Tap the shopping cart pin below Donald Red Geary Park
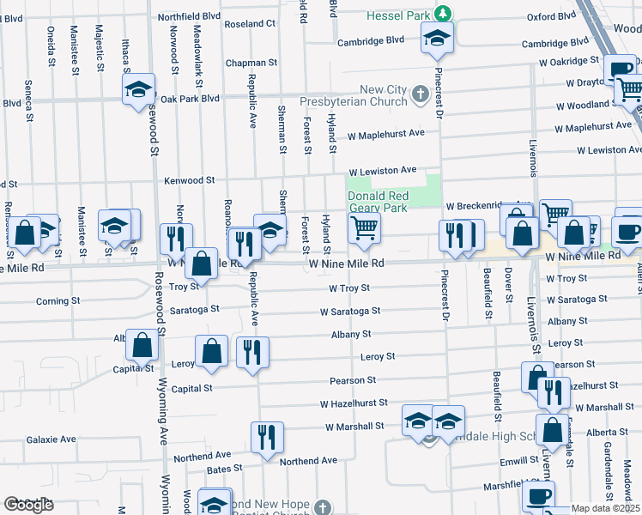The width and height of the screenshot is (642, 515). point(364,228)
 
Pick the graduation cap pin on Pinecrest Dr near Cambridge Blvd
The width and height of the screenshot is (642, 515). point(437,37)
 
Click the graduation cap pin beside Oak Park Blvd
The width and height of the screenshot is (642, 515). point(137,89)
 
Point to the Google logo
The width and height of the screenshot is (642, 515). point(28,505)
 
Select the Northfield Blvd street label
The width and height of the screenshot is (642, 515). point(186,16)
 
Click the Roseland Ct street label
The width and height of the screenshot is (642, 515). point(249,24)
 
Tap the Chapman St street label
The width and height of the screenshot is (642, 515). point(251,63)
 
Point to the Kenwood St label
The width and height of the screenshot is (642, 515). point(190,180)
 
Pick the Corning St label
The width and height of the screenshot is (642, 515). point(58,301)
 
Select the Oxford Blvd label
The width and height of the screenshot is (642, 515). point(550,16)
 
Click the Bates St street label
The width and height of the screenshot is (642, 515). point(225,470)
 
